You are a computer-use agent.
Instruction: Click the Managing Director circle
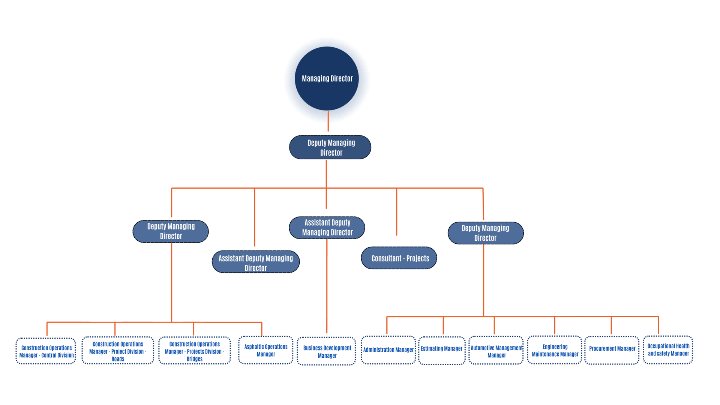[327, 78]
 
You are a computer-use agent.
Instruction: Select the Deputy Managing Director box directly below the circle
[330, 147]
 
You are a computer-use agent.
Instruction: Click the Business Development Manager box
[327, 351]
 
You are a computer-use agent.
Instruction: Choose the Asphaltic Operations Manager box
[266, 350]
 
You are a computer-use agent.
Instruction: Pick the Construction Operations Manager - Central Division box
[46, 351]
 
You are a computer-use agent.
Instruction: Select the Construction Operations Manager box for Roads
[118, 351]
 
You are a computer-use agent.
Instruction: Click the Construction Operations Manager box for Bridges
[194, 351]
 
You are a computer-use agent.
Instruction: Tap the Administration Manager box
[388, 350]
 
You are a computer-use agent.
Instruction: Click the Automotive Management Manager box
[496, 351]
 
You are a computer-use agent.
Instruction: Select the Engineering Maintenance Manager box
[555, 350]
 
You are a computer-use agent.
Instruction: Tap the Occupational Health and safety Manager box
[668, 350]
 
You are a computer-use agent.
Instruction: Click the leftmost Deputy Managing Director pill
[171, 231]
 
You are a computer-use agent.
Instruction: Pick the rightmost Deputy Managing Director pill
[486, 233]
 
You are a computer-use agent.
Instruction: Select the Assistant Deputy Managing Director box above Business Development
[327, 228]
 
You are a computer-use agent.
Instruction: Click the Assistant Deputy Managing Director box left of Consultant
[256, 262]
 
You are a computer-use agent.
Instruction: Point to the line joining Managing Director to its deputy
[328, 121]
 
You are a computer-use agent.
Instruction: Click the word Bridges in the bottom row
[194, 359]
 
